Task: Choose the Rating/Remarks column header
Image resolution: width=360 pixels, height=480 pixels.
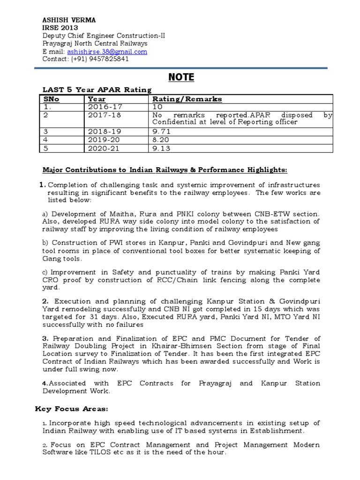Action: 187,99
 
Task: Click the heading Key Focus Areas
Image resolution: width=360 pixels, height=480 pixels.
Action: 65,409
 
